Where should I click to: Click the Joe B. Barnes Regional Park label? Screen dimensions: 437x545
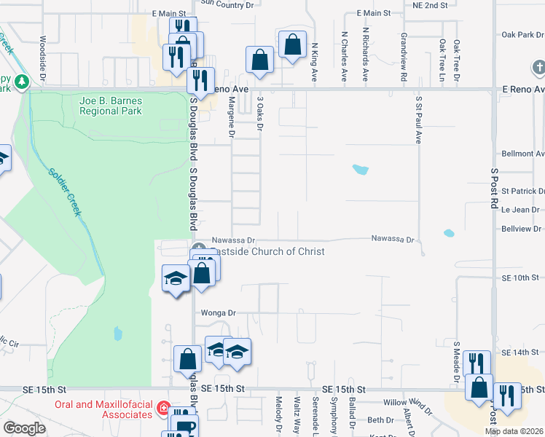click(111, 106)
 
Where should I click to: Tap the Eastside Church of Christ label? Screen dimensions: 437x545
click(267, 251)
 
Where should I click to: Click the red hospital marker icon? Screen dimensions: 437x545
click(164, 409)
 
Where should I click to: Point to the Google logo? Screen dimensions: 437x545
click(25, 428)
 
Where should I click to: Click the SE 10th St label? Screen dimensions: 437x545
click(519, 278)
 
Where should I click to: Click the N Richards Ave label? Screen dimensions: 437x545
click(365, 44)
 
